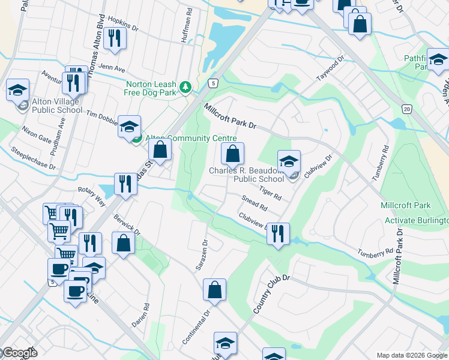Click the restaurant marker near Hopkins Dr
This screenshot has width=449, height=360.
[x=113, y=38]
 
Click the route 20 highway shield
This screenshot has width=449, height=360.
[x=406, y=108]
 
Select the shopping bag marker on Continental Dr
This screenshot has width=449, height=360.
[x=214, y=290]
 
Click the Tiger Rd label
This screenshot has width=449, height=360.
[x=270, y=192]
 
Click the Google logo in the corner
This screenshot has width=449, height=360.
[x=19, y=353]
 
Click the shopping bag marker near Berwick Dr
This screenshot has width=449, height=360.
[x=123, y=243]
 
